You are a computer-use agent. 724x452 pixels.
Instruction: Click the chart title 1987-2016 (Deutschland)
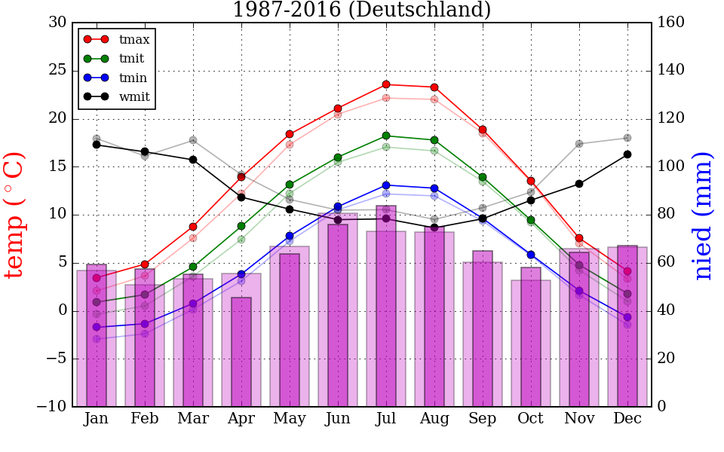(361, 10)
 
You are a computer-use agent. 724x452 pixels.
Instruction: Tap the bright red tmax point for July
(386, 84)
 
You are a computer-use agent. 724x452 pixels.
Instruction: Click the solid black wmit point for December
(627, 154)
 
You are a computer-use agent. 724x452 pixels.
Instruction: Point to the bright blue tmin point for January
(97, 327)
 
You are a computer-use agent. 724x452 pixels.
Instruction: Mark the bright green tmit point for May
(290, 185)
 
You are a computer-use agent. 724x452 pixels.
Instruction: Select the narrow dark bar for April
(241, 352)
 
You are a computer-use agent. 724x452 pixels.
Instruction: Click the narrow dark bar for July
(386, 306)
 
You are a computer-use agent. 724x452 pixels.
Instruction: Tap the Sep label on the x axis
(483, 419)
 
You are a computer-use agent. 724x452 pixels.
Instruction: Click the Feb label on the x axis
(145, 419)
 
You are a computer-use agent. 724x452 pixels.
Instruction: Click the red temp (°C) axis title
(15, 215)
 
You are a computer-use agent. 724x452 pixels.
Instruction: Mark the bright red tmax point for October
(531, 181)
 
